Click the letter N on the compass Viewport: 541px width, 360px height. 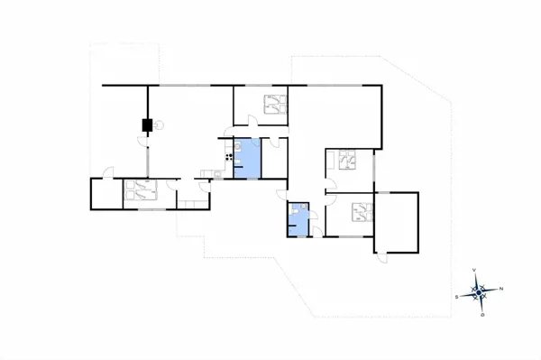[x=501, y=289]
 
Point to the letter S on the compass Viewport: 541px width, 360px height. [x=457, y=296]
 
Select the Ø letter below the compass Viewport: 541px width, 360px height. [x=483, y=315]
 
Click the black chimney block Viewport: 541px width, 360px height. [x=145, y=125]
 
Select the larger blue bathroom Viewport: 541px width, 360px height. [x=247, y=158]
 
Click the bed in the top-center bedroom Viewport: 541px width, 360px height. [x=271, y=106]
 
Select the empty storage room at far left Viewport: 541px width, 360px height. [x=105, y=194]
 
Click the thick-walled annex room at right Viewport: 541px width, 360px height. [x=398, y=220]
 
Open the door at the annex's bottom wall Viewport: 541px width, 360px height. [x=382, y=256]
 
